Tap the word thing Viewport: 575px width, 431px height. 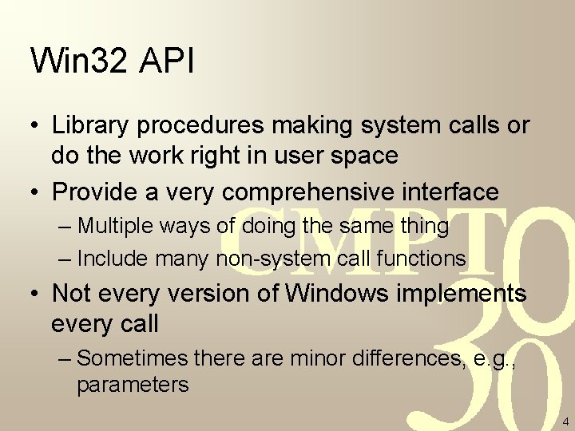424,226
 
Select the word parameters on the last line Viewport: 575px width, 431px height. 133,385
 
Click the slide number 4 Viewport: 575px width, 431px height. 565,421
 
